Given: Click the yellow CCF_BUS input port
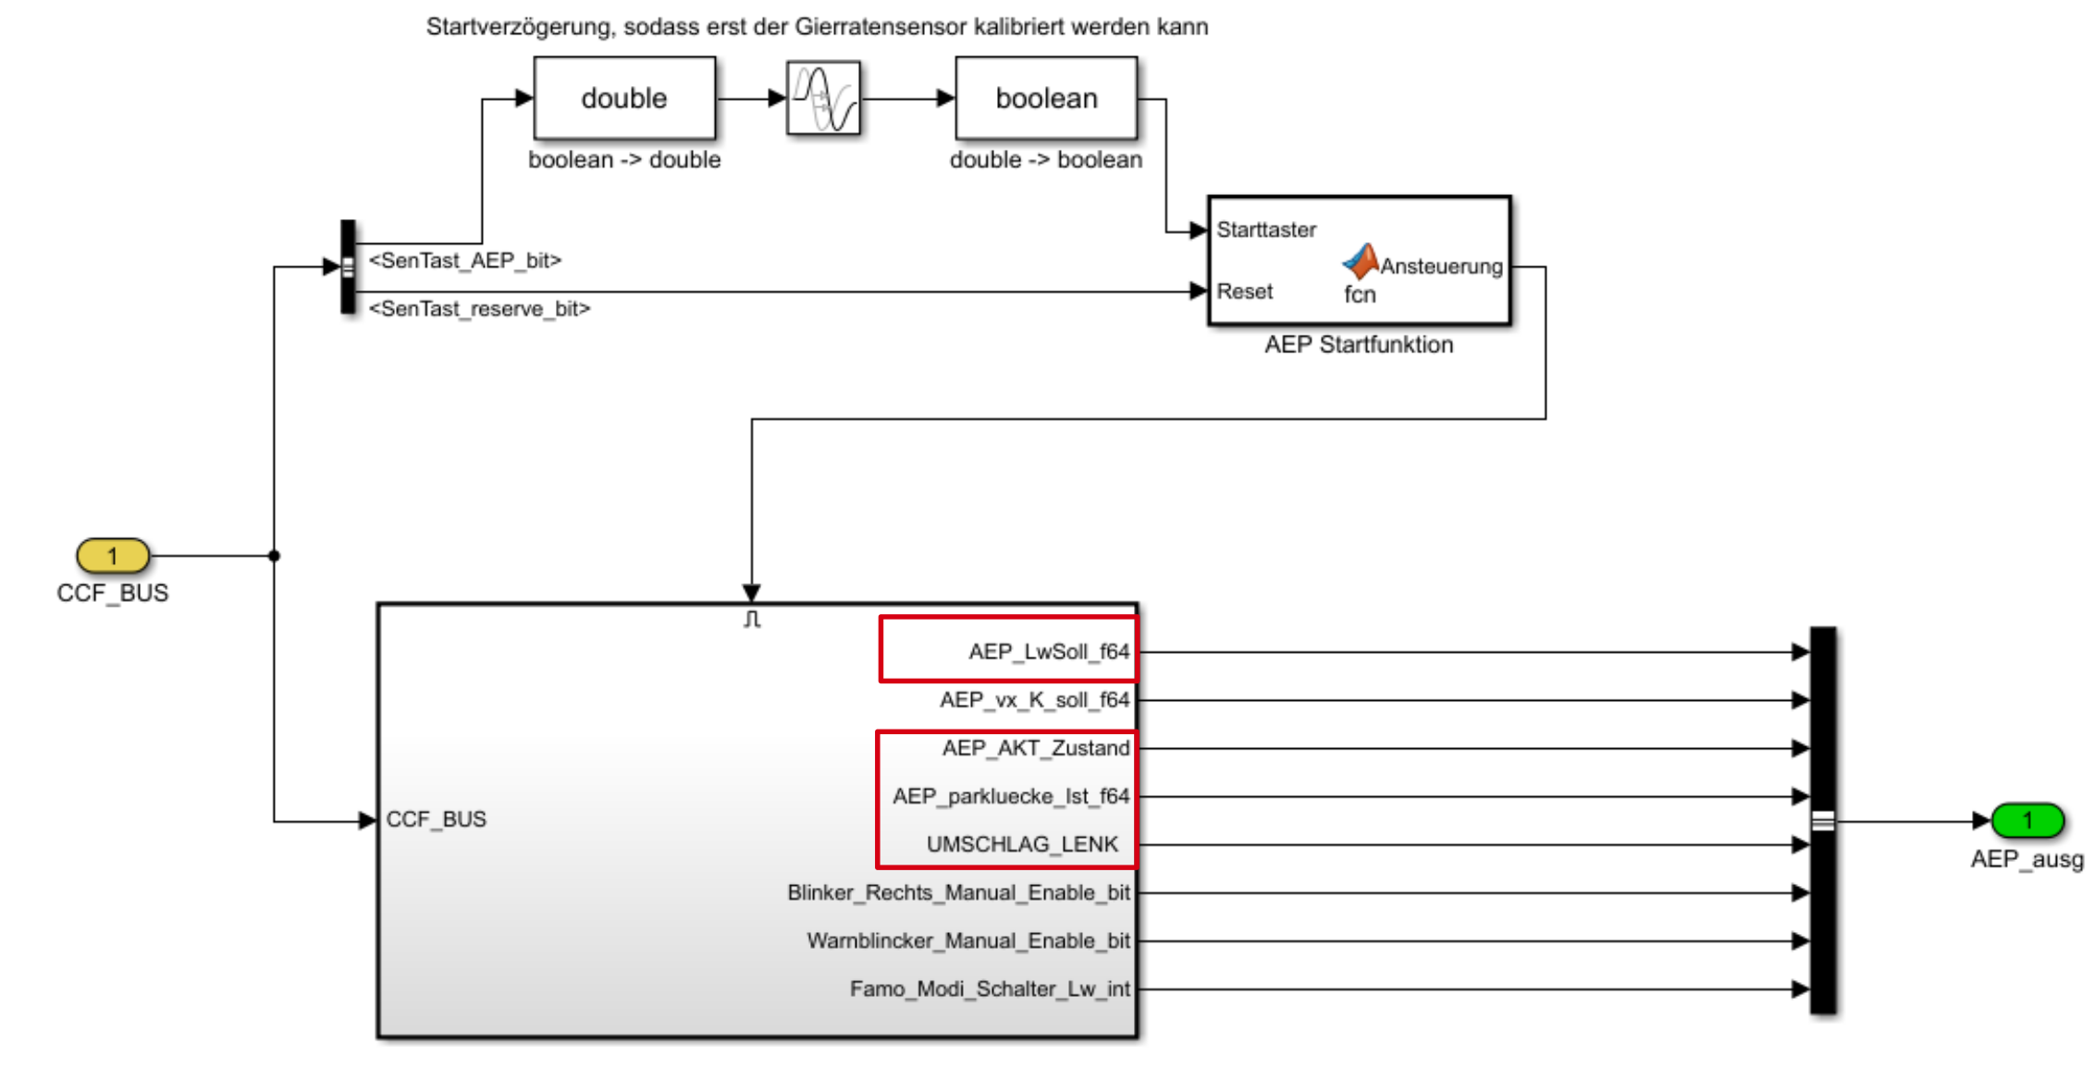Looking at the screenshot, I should [x=113, y=556].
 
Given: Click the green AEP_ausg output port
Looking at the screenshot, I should [x=2026, y=820].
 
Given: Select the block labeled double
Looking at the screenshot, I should [x=624, y=98].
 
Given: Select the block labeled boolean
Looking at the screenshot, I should [x=1046, y=98].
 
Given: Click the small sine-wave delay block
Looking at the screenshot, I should [x=823, y=98].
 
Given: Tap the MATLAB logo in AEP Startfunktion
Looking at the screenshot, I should [x=1361, y=262].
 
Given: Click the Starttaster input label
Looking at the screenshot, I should [x=1266, y=229].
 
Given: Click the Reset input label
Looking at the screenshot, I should [x=1245, y=291].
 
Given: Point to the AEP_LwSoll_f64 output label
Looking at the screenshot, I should [x=1049, y=652].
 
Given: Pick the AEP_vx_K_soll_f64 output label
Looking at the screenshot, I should [x=1034, y=700].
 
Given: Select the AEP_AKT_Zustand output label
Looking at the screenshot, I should [x=1036, y=748].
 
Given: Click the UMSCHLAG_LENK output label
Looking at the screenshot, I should [x=1022, y=844].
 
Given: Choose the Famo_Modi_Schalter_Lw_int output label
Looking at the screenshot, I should [x=990, y=989].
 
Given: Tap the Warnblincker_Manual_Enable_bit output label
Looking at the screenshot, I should [x=968, y=940].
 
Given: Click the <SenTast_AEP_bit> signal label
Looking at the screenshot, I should [x=465, y=261].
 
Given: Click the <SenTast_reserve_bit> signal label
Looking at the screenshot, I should [x=479, y=309].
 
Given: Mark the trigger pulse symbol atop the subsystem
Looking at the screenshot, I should [x=752, y=619].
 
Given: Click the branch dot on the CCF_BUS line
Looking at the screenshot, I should [x=274, y=556].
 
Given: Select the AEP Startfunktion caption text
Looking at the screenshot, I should [x=1359, y=345].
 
